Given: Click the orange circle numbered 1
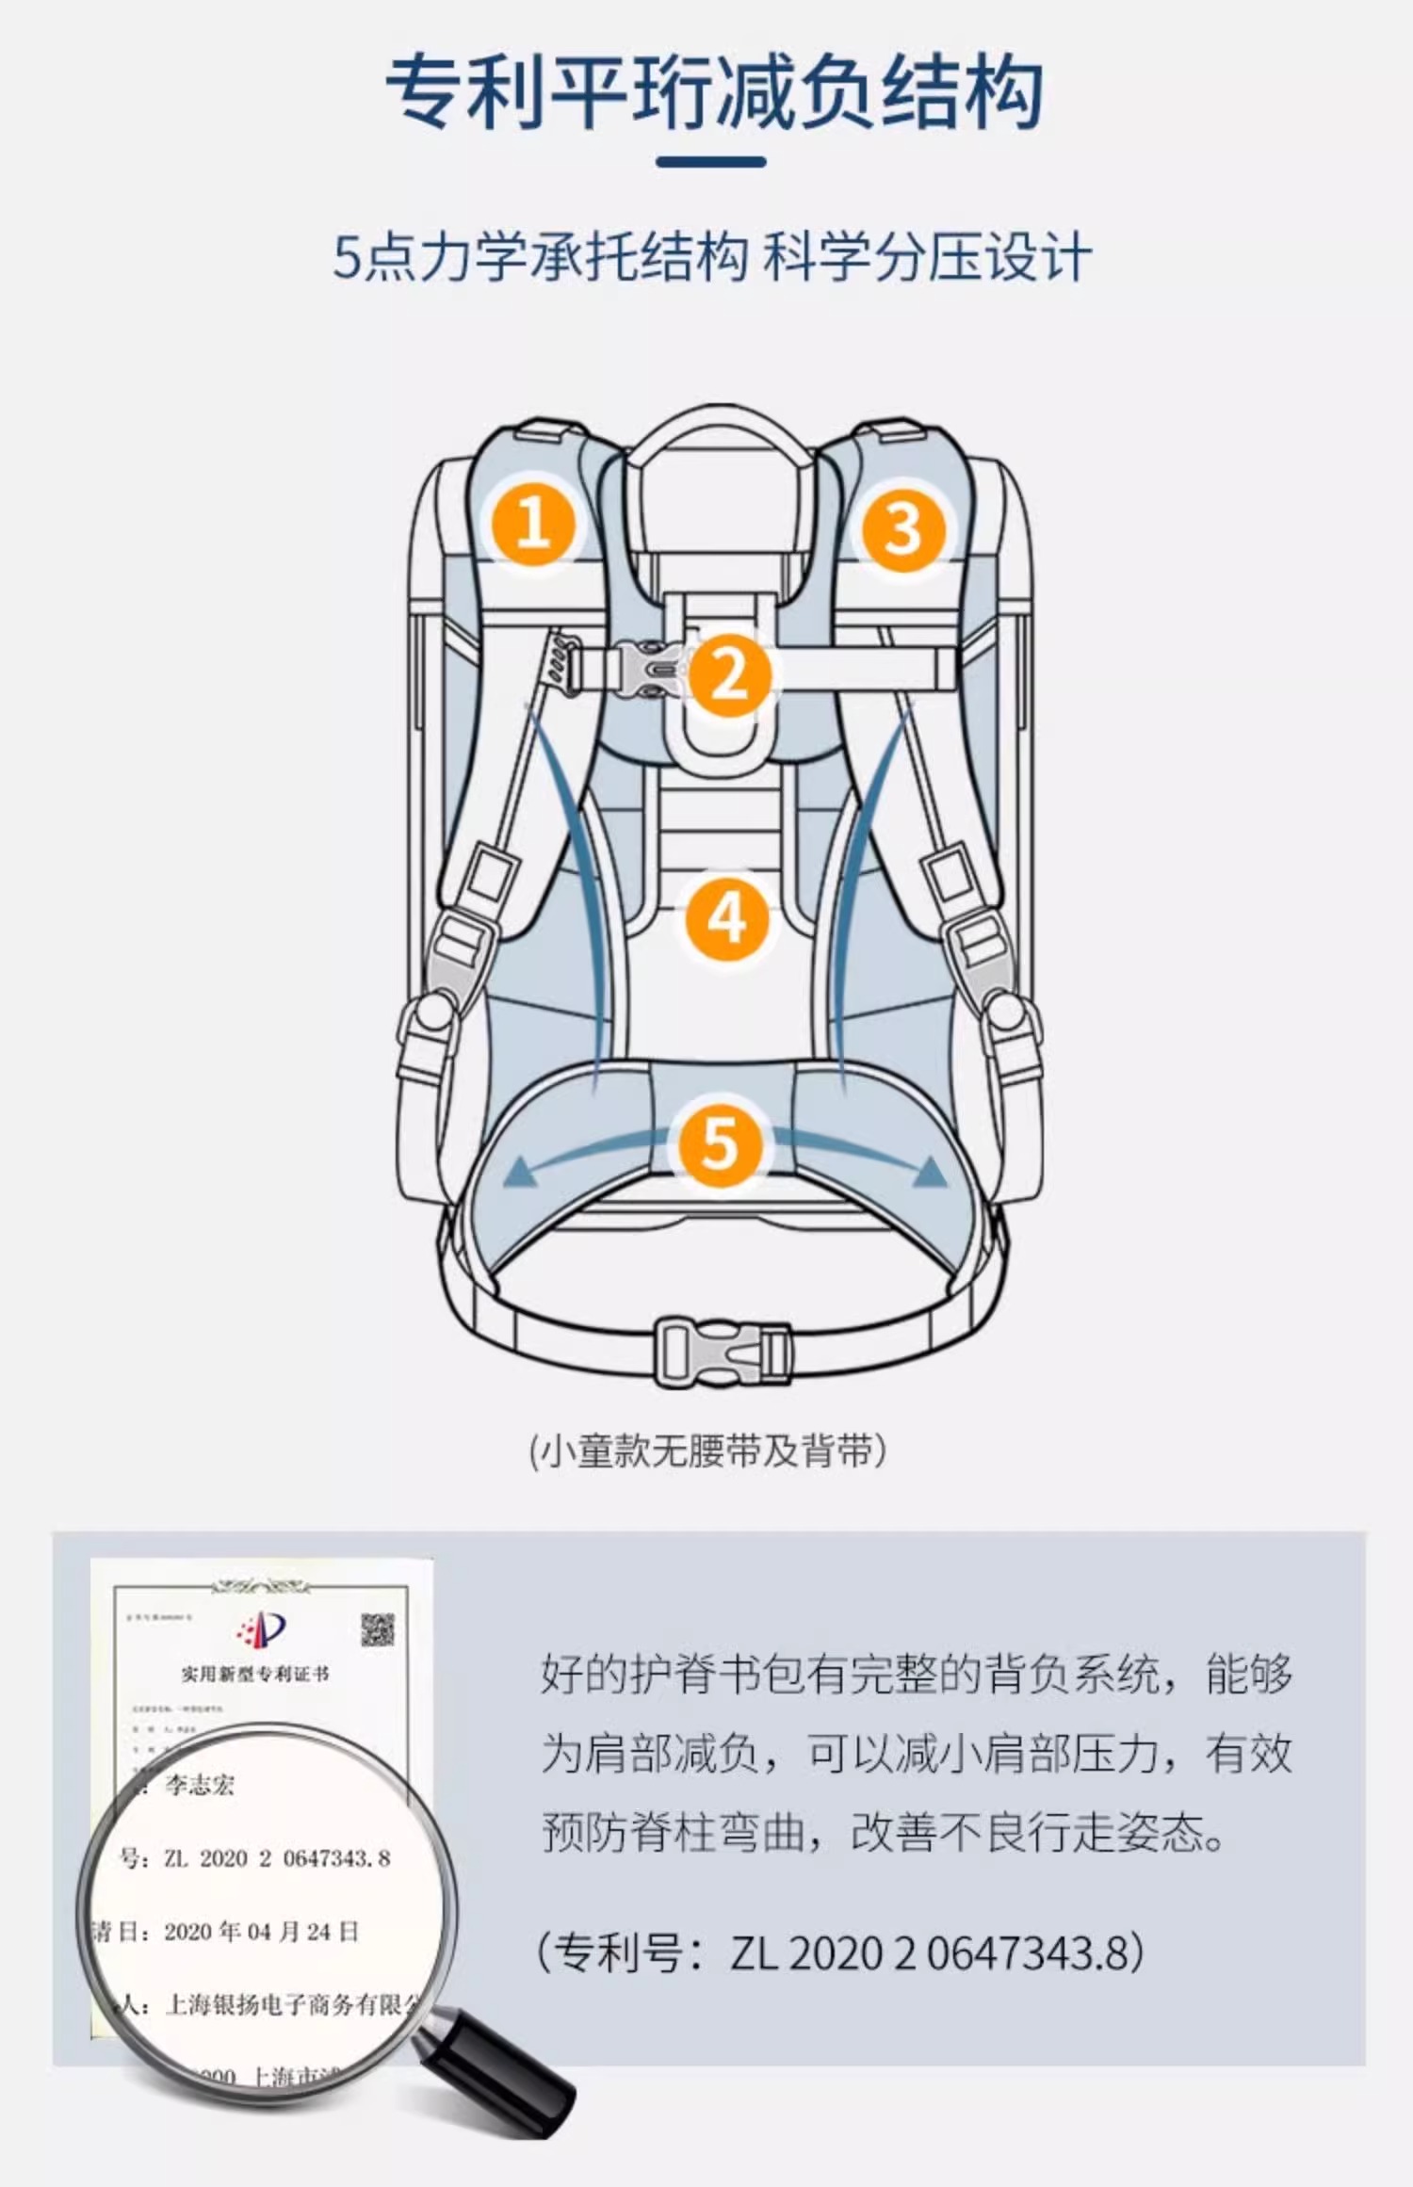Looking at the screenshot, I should pyautogui.click(x=532, y=523).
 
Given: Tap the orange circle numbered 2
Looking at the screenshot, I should pyautogui.click(x=729, y=674).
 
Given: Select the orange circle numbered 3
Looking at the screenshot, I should pyautogui.click(x=902, y=527).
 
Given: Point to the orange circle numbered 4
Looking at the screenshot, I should pyautogui.click(x=727, y=917).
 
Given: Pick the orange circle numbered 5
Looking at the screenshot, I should pyautogui.click(x=720, y=1142).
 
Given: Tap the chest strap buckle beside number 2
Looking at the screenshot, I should pyautogui.click(x=648, y=669).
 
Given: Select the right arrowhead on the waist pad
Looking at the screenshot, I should pyautogui.click(x=930, y=1171).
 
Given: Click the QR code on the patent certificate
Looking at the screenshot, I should pyautogui.click(x=378, y=1629).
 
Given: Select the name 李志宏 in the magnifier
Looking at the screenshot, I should pyautogui.click(x=200, y=1784).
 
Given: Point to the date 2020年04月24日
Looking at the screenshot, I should pyautogui.click(x=262, y=1932).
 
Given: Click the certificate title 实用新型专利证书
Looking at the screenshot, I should pyautogui.click(x=255, y=1674).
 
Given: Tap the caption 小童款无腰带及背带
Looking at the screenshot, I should pyautogui.click(x=707, y=1451).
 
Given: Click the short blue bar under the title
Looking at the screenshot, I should pyautogui.click(x=710, y=162).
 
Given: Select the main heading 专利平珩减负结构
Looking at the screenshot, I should pyautogui.click(x=714, y=91).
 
